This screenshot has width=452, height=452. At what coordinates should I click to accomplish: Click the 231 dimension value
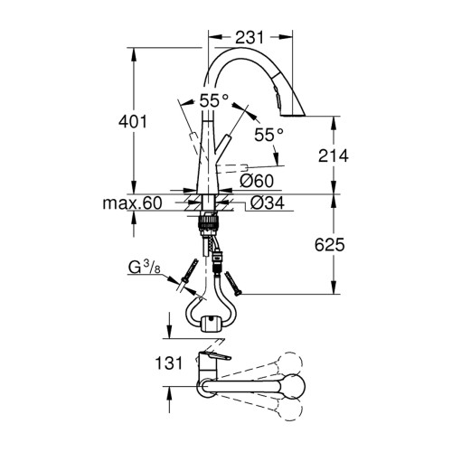click(x=250, y=38)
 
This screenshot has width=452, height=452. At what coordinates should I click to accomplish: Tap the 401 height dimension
click(x=133, y=122)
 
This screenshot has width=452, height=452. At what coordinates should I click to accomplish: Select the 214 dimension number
click(x=334, y=155)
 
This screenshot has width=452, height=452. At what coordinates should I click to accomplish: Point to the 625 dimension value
click(x=329, y=245)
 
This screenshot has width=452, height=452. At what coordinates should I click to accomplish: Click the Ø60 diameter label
click(x=257, y=182)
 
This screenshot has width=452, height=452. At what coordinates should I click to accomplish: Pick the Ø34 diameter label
click(x=268, y=202)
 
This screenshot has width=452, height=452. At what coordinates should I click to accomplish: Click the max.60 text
click(x=132, y=203)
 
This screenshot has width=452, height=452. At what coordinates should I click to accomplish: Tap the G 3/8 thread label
click(x=145, y=268)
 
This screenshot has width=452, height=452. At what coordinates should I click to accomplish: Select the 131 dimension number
click(x=169, y=363)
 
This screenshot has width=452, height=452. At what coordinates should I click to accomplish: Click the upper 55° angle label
click(x=214, y=100)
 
